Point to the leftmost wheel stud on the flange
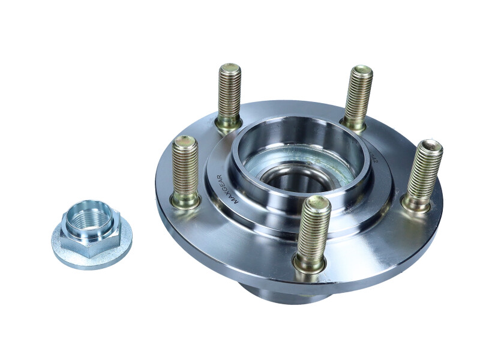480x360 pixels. click(x=185, y=168)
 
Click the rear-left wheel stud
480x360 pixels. click(x=229, y=93)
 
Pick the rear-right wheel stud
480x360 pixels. click(x=358, y=95)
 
